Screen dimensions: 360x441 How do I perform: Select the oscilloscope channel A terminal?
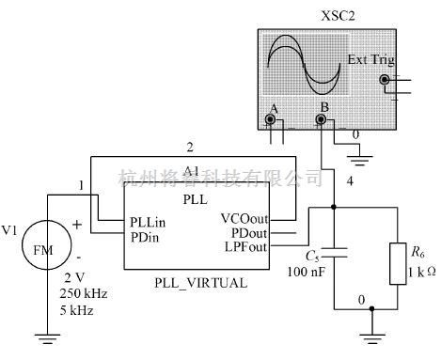click(272, 119)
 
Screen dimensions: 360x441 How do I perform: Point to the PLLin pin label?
click(149, 223)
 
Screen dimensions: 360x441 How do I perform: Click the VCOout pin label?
click(244, 219)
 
